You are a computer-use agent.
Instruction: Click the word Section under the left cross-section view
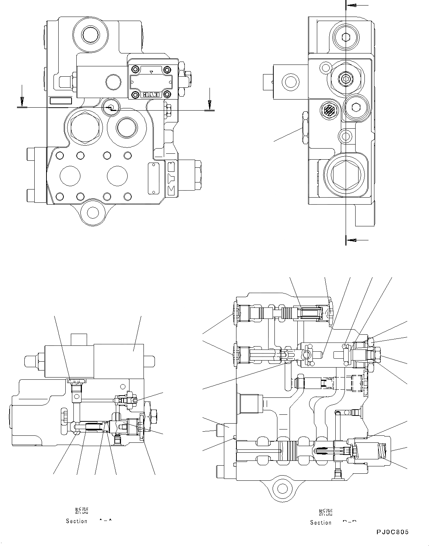click(x=77, y=521)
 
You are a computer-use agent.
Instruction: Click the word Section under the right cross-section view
click(x=321, y=522)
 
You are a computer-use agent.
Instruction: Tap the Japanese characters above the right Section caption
click(x=325, y=512)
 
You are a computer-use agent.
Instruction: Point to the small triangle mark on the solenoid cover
click(x=152, y=72)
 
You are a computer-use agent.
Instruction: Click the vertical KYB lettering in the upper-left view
click(x=172, y=177)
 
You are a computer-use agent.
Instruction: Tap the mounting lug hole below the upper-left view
click(x=93, y=212)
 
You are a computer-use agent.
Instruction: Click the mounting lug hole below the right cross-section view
click(x=282, y=489)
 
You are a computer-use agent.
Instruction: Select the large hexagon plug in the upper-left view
click(x=84, y=126)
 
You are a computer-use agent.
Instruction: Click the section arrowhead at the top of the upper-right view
click(x=352, y=6)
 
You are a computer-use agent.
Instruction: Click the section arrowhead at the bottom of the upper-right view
click(x=352, y=240)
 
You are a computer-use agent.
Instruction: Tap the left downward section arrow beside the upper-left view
click(x=22, y=101)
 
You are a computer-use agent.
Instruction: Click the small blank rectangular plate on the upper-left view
click(x=61, y=101)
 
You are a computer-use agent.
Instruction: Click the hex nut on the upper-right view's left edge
click(x=305, y=127)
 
